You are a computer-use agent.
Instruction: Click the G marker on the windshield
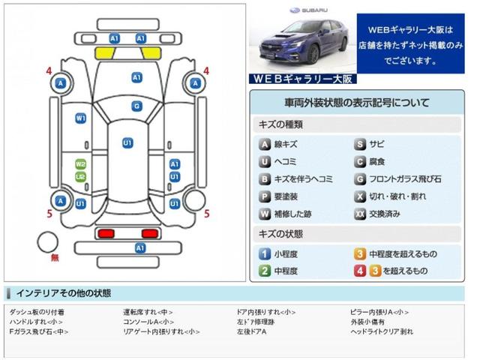(x=136, y=106)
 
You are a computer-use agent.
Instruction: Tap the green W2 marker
(x=80, y=164)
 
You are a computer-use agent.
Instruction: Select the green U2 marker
(x=80, y=177)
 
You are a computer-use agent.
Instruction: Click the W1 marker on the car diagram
(x=80, y=118)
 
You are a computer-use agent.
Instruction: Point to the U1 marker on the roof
(x=127, y=142)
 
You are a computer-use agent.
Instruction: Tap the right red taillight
(x=152, y=232)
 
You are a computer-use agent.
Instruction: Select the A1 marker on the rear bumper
(x=139, y=248)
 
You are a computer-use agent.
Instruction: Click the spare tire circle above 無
(x=49, y=241)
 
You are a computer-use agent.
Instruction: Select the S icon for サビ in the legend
(x=360, y=144)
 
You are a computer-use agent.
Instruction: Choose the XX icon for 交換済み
(x=360, y=214)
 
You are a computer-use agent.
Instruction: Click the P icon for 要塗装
(x=265, y=196)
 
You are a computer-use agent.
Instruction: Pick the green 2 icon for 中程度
(x=265, y=271)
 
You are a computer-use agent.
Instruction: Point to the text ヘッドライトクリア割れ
(x=381, y=331)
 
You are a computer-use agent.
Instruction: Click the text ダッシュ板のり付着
(x=37, y=311)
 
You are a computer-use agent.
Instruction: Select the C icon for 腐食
(x=360, y=161)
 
